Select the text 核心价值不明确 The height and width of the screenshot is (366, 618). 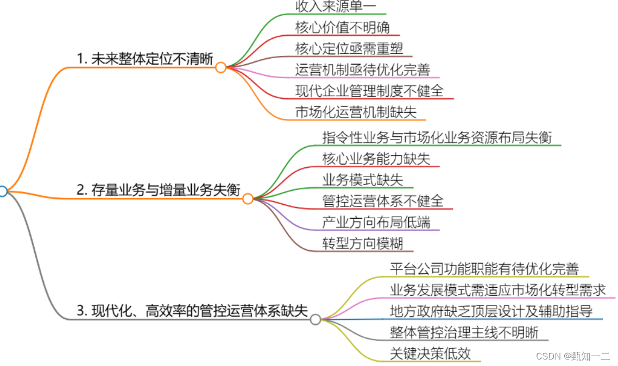point(342,27)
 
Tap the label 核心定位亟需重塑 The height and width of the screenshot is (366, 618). point(349,48)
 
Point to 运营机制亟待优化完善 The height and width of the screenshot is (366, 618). point(363,69)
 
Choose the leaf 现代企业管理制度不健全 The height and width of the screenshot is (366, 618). point(369,90)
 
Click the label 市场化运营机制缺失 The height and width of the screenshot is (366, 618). point(356,112)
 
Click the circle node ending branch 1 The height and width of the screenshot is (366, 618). point(220,67)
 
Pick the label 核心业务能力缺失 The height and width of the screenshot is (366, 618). point(376,158)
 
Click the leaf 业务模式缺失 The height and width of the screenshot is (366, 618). point(363,179)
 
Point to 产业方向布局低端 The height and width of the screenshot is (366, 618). point(376,222)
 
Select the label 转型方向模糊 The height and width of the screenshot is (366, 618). point(363,243)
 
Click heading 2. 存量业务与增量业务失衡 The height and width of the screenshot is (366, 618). point(158,190)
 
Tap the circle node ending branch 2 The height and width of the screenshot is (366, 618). point(248,199)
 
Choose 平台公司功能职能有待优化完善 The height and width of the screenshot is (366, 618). point(484,268)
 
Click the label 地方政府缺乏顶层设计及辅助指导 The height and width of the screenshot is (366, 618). point(491,311)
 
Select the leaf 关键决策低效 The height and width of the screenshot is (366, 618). point(430,353)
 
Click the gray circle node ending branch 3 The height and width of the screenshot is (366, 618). point(316,319)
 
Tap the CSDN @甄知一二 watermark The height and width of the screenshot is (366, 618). point(572,356)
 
